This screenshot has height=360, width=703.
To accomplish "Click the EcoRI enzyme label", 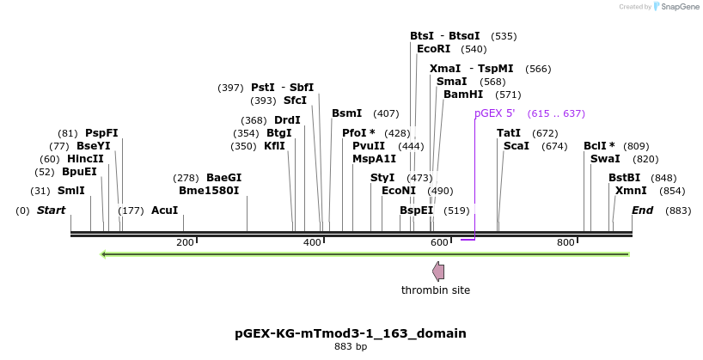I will (433, 49).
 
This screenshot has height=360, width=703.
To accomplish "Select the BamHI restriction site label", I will (463, 95).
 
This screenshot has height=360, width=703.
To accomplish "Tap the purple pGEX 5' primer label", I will (494, 113).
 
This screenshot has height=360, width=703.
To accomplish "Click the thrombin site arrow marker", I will (438, 272).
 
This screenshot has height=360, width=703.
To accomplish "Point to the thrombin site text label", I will (436, 290).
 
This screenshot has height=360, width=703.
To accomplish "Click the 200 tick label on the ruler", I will (185, 243).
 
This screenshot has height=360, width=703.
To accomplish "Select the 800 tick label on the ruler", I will (565, 243).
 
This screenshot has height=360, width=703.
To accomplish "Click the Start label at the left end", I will (51, 211).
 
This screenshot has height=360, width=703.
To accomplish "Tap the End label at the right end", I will (642, 211).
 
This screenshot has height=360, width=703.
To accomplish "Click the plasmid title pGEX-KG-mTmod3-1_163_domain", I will (351, 333).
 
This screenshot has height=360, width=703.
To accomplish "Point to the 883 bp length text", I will (351, 347).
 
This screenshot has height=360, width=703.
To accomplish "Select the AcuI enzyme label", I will (164, 211).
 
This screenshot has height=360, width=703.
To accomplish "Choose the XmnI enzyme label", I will (631, 191).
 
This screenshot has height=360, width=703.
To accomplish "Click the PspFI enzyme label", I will (101, 133).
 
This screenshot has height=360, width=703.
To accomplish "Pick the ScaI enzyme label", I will (517, 146).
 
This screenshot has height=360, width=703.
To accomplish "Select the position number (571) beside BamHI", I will (509, 95).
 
